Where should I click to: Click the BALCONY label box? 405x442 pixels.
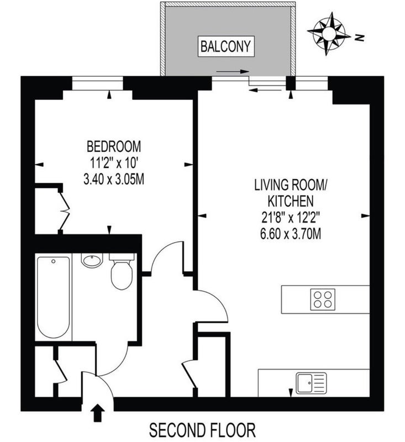[226, 46]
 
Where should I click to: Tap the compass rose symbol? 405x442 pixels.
[329, 34]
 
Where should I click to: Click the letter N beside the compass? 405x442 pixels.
[359, 37]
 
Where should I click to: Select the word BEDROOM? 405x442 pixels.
[114, 147]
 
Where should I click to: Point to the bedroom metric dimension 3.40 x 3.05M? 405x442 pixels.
[114, 179]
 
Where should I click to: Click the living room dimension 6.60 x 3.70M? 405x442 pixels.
[291, 233]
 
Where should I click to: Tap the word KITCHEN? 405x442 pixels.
[290, 201]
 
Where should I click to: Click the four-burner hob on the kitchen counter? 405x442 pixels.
[323, 299]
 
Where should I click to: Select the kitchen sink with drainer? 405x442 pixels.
[311, 383]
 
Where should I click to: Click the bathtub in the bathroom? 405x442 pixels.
[54, 297]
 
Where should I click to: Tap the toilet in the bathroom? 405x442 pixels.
[122, 271]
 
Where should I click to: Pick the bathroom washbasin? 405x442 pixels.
[92, 260]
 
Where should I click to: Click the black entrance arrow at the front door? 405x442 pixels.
[98, 413]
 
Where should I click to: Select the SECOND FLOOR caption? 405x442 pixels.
[202, 430]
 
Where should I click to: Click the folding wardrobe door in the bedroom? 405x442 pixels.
[64, 211]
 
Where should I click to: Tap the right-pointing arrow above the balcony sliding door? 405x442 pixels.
[233, 72]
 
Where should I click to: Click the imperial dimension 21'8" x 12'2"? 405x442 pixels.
[290, 217]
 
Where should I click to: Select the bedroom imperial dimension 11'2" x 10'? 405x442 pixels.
[114, 163]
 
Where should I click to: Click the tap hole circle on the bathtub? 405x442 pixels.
[54, 261]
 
